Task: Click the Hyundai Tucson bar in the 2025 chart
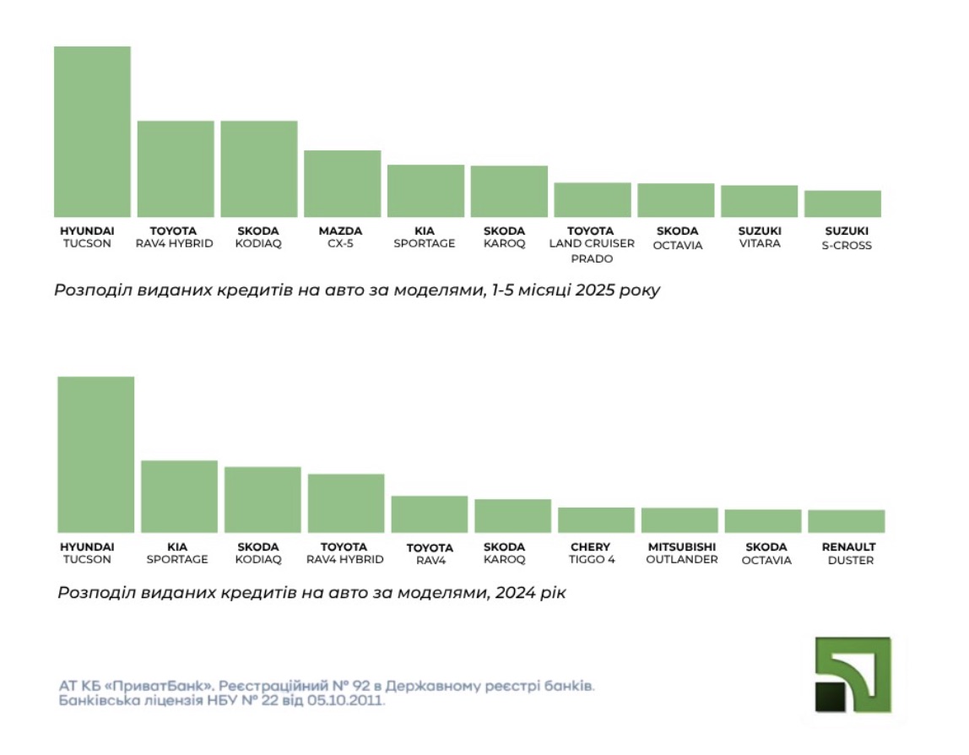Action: [92, 132]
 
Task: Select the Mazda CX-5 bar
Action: [342, 183]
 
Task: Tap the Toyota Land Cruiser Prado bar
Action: [593, 200]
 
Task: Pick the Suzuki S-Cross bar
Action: [842, 204]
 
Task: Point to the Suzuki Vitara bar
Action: [759, 201]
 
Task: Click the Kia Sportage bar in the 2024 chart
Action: [179, 496]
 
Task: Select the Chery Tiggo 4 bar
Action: [596, 519]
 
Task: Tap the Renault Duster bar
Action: [846, 521]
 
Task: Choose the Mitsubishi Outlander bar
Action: [679, 519]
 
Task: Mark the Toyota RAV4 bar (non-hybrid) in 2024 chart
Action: [429, 513]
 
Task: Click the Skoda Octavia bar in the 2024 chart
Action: [762, 520]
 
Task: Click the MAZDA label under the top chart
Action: [341, 231]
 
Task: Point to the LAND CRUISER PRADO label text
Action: [592, 251]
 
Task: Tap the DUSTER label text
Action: [850, 561]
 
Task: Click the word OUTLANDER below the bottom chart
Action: [682, 560]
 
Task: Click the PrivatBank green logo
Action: [853, 675]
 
